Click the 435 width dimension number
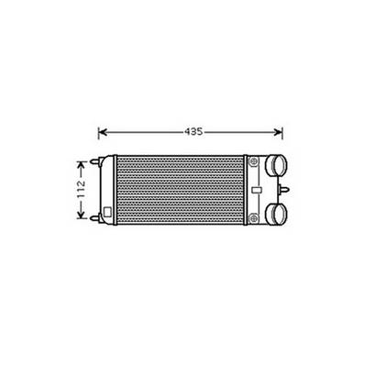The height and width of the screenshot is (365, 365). (193, 131)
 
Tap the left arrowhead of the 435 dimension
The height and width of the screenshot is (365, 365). (102, 131)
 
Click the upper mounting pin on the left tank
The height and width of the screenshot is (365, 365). (95, 166)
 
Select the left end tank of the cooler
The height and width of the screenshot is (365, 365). (109, 191)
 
